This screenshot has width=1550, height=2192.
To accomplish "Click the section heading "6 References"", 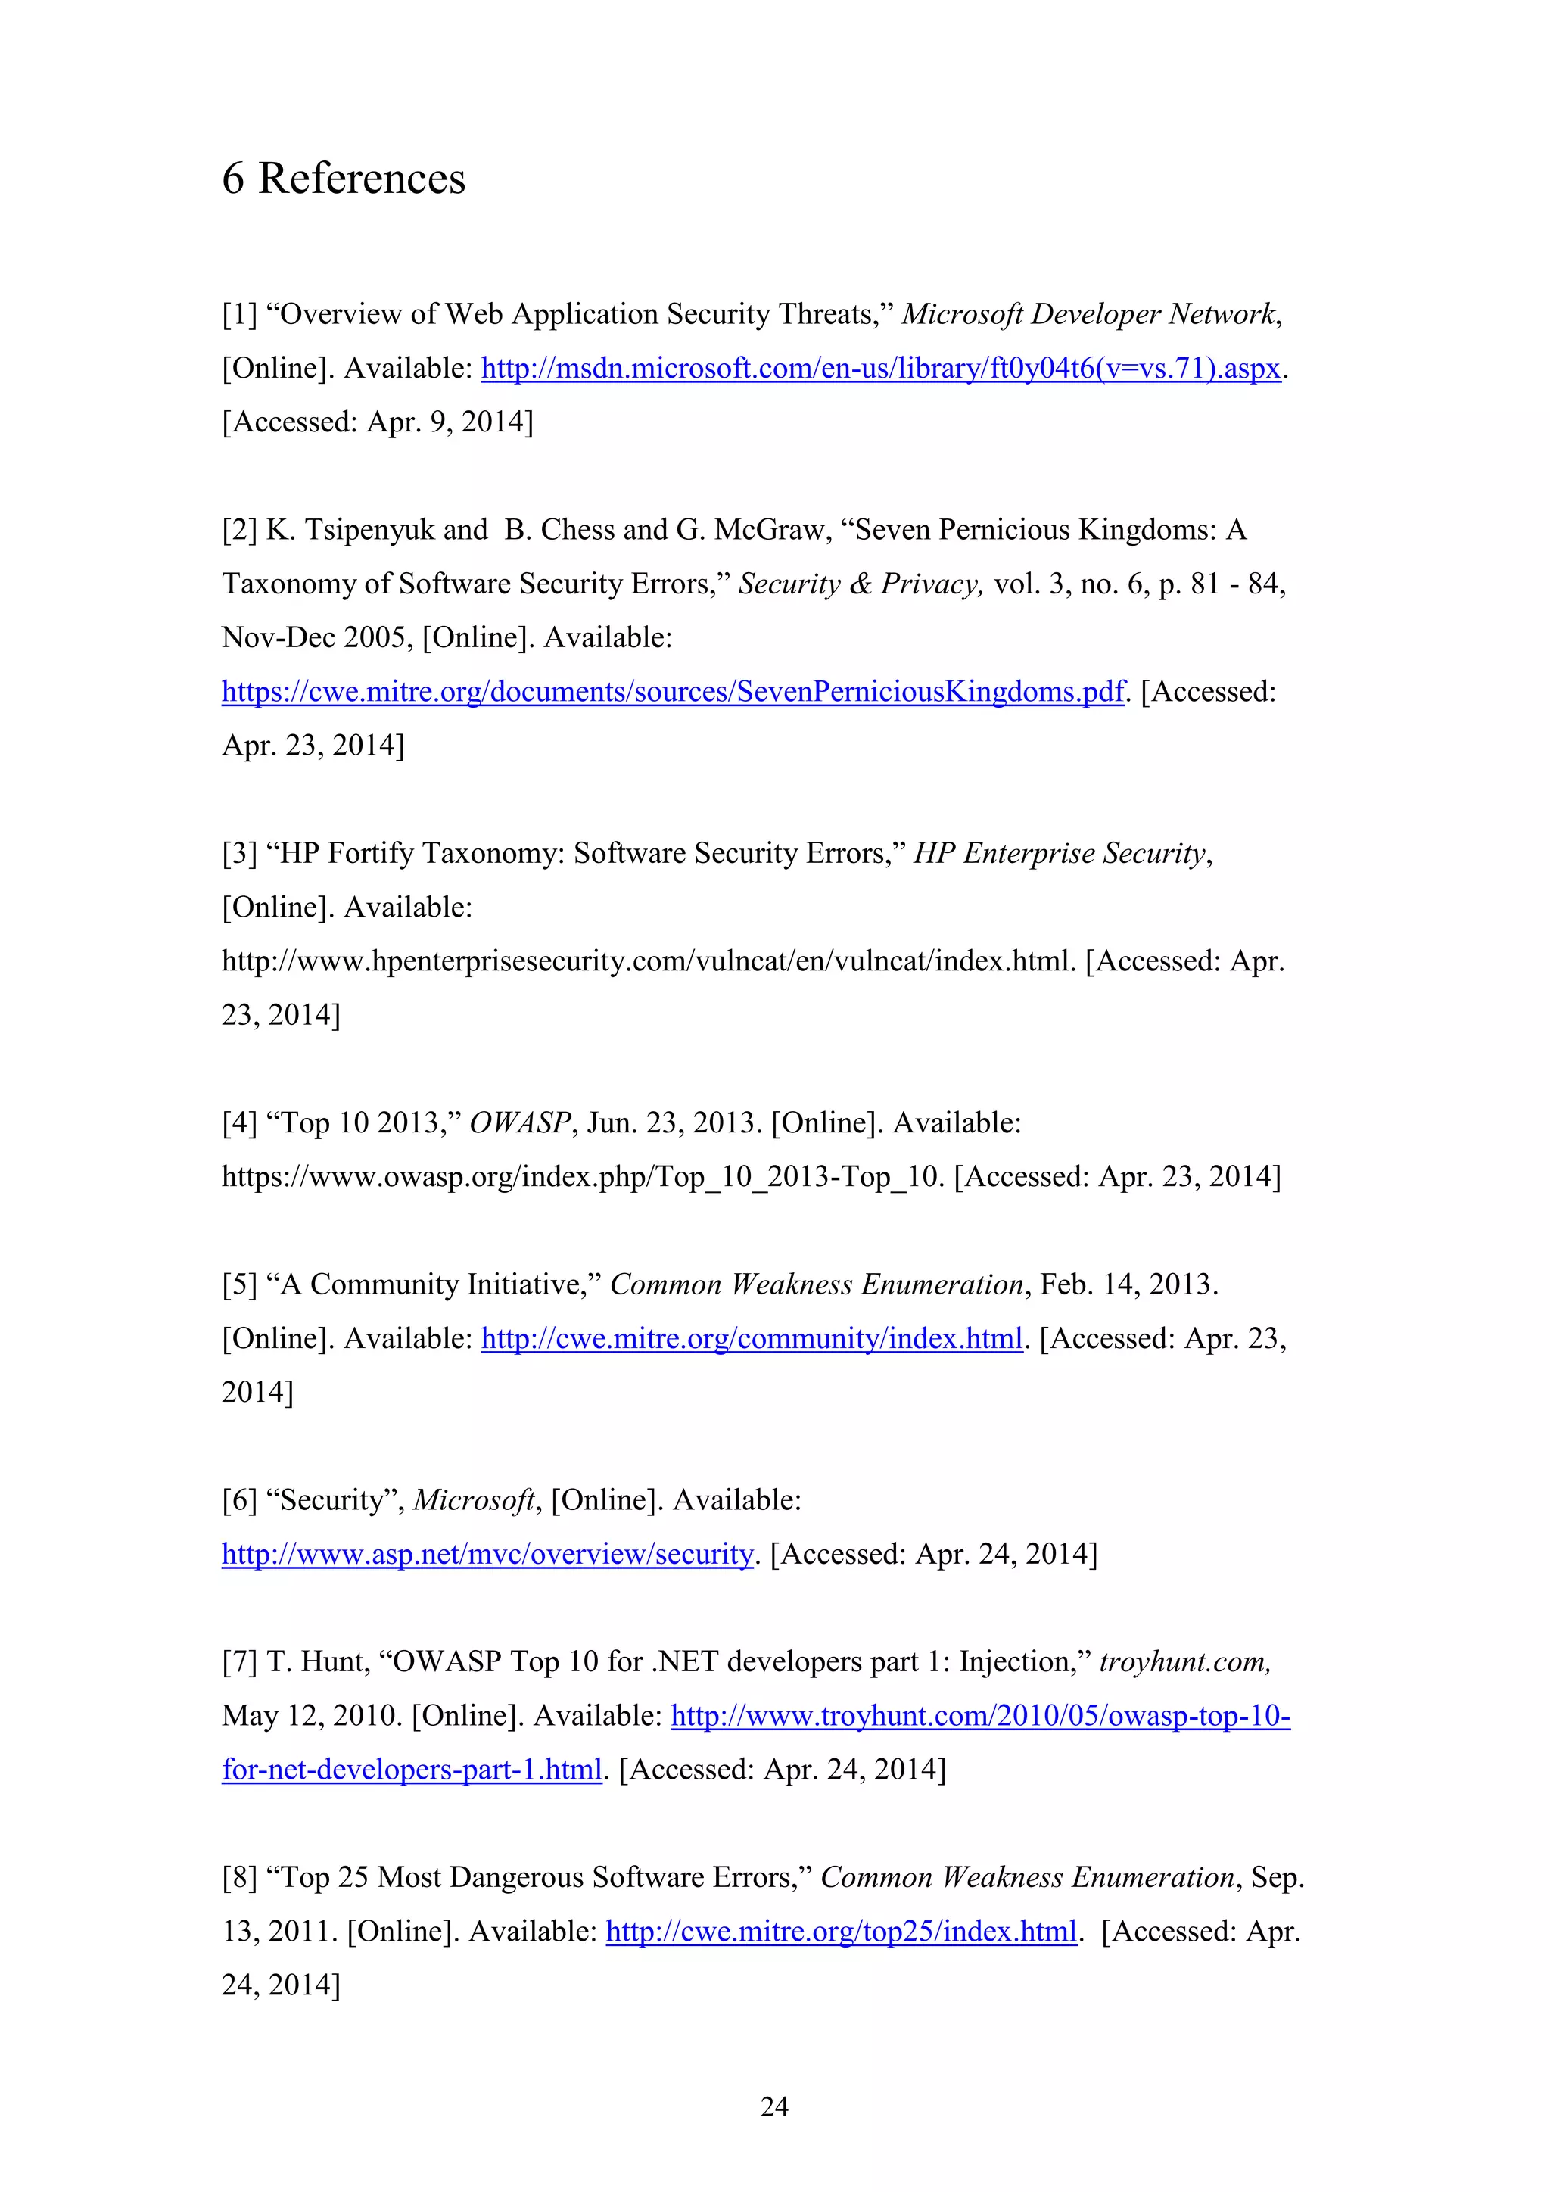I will click(x=344, y=179).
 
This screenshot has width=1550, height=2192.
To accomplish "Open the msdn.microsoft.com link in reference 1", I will click(x=880, y=369).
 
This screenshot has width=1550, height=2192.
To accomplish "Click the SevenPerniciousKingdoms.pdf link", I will click(x=673, y=691).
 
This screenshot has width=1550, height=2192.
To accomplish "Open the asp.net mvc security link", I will click(x=487, y=1554).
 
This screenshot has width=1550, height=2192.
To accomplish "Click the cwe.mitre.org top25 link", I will click(x=841, y=1932).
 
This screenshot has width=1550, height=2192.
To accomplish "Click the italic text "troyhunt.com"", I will click(x=1184, y=1662).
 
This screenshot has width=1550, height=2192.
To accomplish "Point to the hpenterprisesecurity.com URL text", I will click(x=648, y=961).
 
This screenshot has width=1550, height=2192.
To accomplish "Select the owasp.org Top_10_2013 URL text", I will click(x=582, y=1177).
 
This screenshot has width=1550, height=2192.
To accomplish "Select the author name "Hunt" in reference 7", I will click(x=334, y=1662).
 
